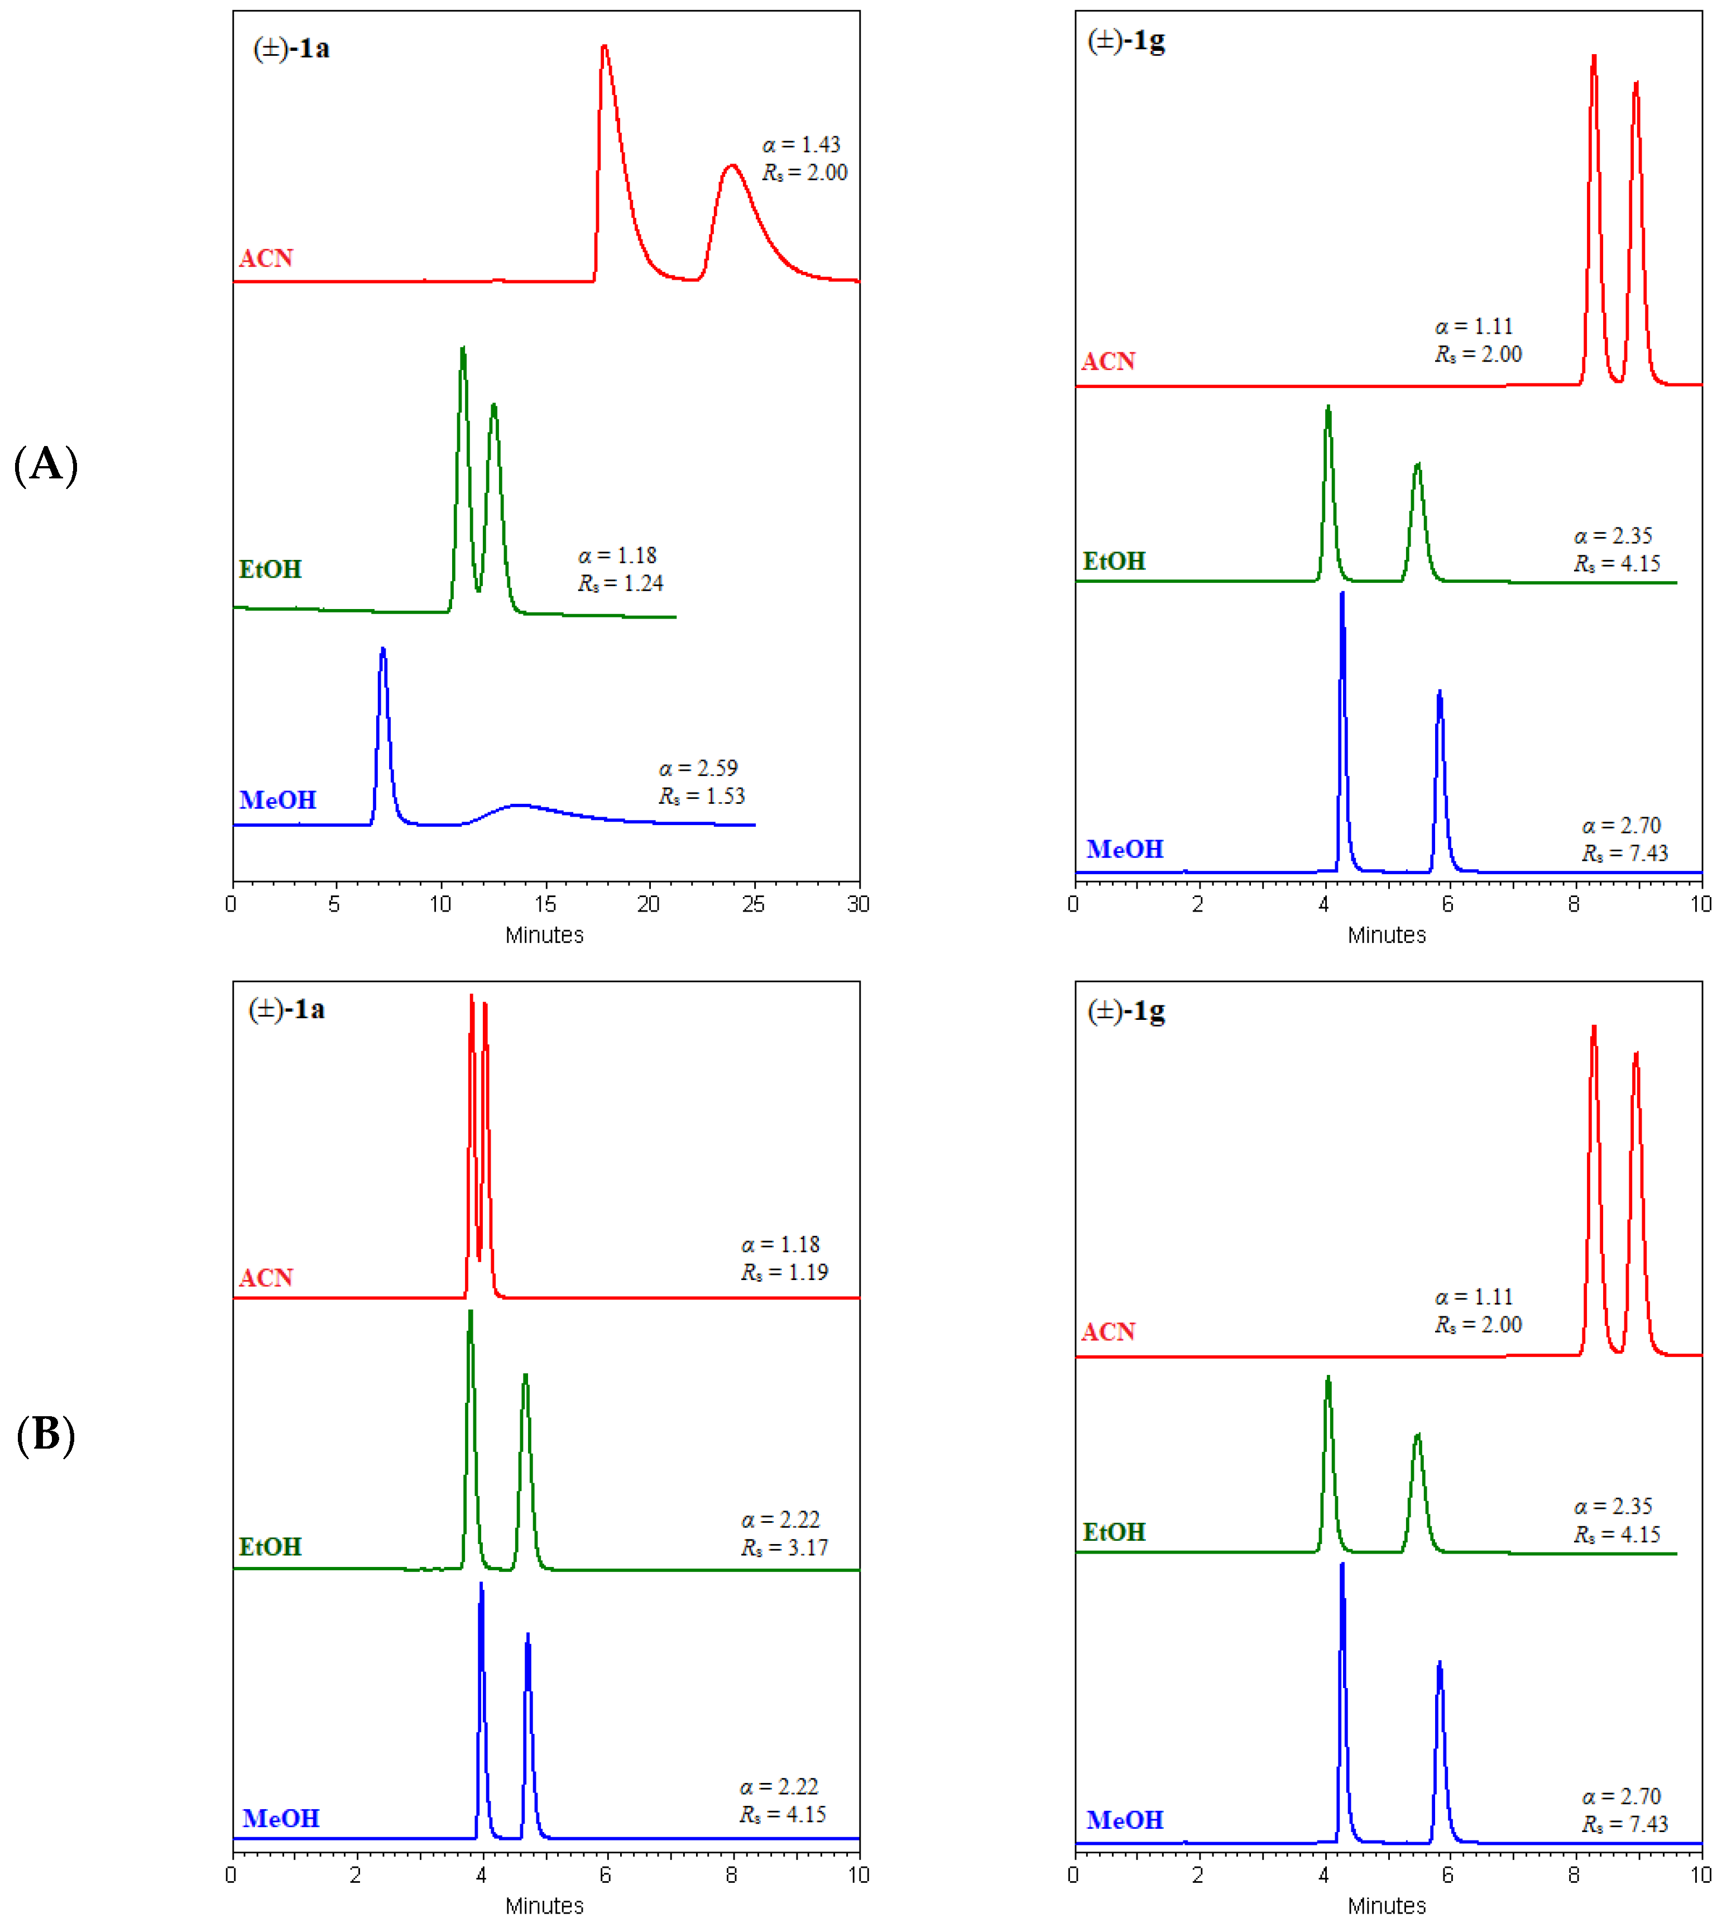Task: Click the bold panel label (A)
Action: (x=45, y=464)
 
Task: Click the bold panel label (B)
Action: (x=45, y=1434)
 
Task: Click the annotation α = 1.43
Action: (x=802, y=145)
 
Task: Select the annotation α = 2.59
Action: (x=698, y=768)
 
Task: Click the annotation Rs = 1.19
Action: (x=784, y=1272)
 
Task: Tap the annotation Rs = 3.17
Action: (x=784, y=1547)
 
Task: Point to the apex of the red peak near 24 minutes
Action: (x=731, y=166)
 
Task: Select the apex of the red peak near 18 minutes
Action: (x=605, y=46)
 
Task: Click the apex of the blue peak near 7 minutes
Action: (x=382, y=650)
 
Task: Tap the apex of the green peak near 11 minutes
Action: (x=463, y=349)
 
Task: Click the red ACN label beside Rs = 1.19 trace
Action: (x=266, y=1278)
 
